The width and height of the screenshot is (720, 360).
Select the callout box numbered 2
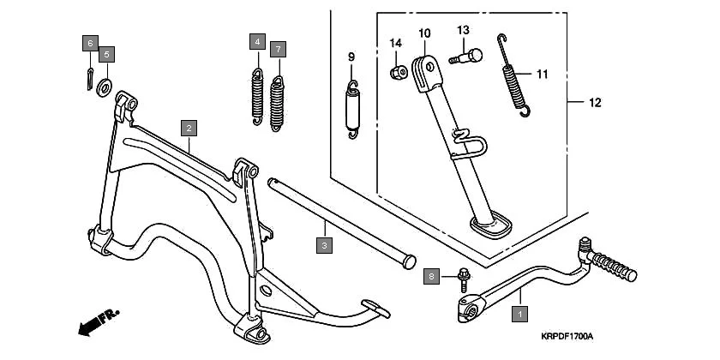tap(189, 129)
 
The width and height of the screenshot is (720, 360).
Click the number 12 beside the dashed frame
tap(595, 103)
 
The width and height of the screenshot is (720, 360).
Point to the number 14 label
tap(396, 44)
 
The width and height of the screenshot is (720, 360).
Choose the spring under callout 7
tap(277, 103)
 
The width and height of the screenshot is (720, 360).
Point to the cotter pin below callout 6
tap(91, 77)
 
